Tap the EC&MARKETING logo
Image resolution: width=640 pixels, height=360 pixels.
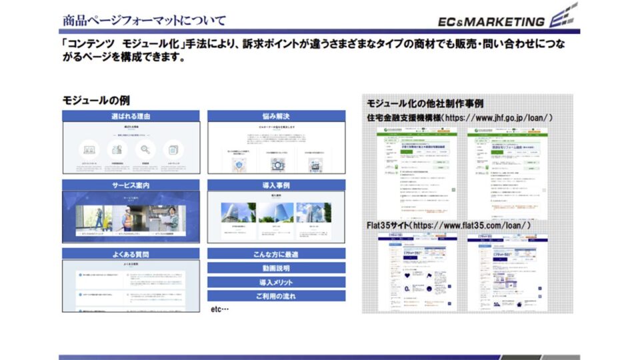(x=507, y=19)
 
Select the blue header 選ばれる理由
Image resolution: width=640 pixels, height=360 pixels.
(x=131, y=116)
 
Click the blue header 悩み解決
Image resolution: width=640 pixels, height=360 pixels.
(x=276, y=116)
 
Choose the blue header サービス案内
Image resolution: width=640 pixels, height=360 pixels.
(x=131, y=185)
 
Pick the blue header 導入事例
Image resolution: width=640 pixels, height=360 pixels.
(x=276, y=185)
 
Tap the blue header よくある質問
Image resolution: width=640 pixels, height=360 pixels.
(x=131, y=254)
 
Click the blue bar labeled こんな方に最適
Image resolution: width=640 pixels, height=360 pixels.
(x=276, y=254)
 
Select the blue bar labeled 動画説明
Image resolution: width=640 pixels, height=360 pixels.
(x=276, y=268)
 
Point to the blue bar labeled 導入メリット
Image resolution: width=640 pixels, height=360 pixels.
(x=276, y=283)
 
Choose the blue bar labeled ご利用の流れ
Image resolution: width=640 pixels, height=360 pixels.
(x=276, y=297)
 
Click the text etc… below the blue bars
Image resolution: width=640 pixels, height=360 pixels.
(x=220, y=309)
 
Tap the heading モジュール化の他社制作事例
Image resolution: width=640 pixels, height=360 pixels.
(x=425, y=104)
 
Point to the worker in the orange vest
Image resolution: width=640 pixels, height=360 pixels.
(x=127, y=217)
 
